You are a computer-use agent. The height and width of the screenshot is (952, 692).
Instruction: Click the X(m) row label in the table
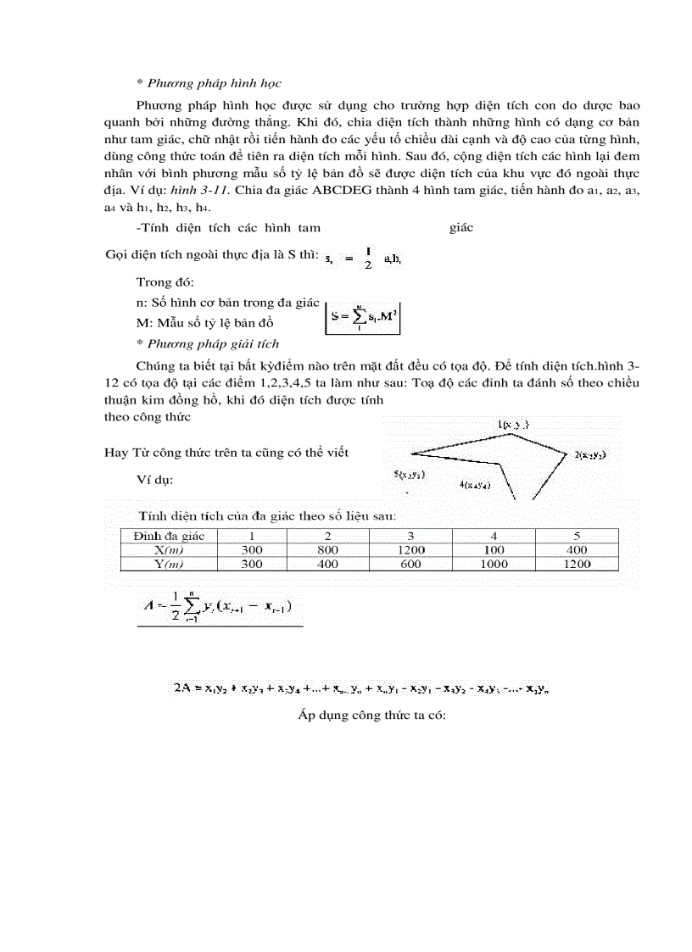(x=168, y=549)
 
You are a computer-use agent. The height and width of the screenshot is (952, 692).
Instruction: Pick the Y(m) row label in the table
(x=168, y=563)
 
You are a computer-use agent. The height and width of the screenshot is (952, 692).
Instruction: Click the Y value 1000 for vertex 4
(x=494, y=563)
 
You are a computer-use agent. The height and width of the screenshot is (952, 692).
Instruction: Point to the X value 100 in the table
(x=494, y=549)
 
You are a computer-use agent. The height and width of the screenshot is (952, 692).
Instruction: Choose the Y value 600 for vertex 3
(x=410, y=563)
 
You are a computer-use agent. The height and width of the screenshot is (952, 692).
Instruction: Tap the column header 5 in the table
(x=577, y=536)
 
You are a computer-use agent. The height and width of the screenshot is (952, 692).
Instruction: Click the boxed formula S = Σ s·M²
(x=366, y=318)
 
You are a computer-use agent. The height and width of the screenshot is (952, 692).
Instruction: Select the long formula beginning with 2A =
(x=365, y=688)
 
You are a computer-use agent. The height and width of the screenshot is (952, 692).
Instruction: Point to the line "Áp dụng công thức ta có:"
(x=371, y=715)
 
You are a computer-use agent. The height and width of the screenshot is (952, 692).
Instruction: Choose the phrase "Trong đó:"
(x=165, y=282)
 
